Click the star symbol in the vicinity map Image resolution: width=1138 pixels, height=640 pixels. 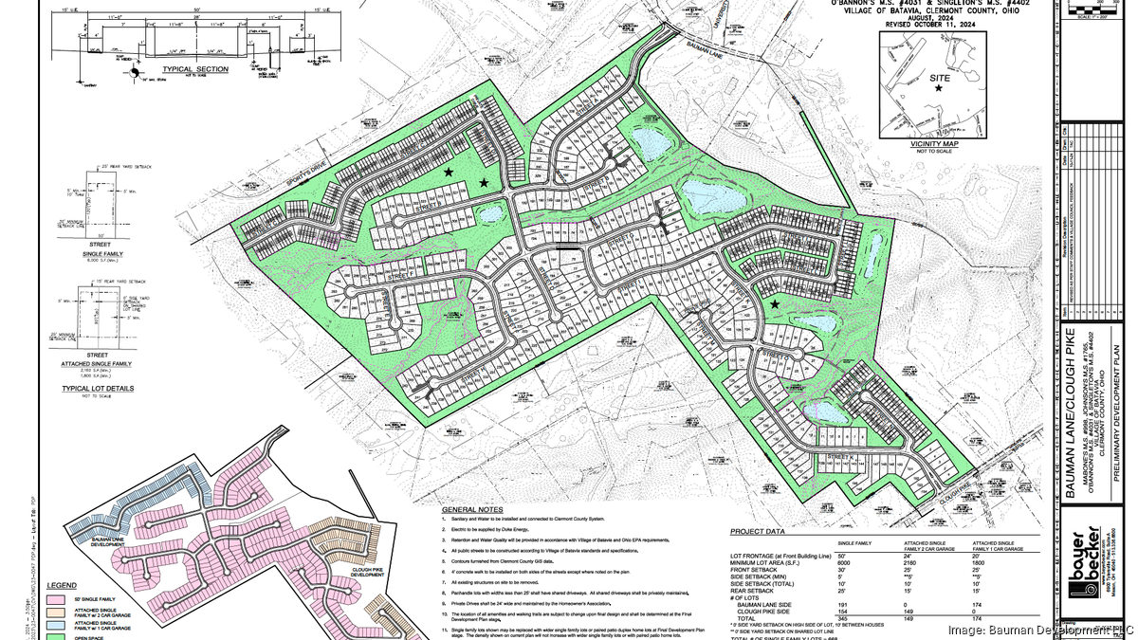(x=939, y=88)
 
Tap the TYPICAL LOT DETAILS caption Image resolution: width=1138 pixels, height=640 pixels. (x=98, y=388)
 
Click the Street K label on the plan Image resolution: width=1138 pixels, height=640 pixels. (x=841, y=458)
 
